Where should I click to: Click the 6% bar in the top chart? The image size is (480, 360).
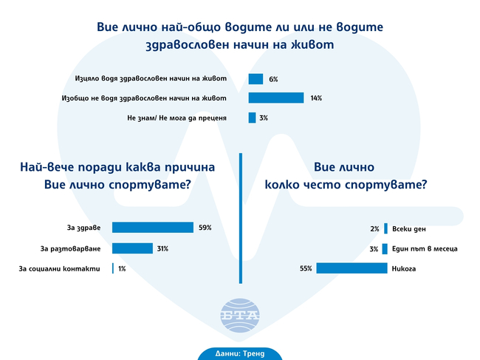click(x=256, y=79)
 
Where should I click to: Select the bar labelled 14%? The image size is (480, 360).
click(x=276, y=98)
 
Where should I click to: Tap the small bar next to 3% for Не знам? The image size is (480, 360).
click(x=252, y=118)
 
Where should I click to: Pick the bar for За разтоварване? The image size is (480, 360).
click(x=132, y=248)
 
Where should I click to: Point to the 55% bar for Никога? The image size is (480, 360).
click(x=352, y=268)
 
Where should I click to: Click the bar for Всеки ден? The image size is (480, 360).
click(x=385, y=228)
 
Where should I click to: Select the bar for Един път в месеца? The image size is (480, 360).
click(x=385, y=248)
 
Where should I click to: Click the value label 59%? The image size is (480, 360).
click(x=205, y=228)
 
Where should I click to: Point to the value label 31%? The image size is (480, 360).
click(x=162, y=248)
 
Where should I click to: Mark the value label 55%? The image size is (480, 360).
click(x=306, y=268)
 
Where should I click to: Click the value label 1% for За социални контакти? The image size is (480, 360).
click(x=122, y=268)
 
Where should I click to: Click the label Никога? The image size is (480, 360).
click(x=405, y=268)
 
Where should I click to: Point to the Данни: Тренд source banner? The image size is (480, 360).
click(x=240, y=353)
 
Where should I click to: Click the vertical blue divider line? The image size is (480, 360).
click(x=241, y=218)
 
